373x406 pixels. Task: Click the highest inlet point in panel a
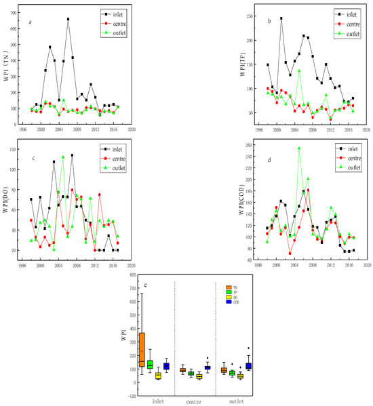pos(68,19)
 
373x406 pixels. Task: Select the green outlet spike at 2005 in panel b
pos(299,70)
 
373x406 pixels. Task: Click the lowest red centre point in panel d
pos(290,253)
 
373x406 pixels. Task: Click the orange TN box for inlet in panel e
pos(141,349)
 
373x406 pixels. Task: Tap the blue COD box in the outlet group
pos(248,365)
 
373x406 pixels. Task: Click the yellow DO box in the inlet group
pos(158,375)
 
